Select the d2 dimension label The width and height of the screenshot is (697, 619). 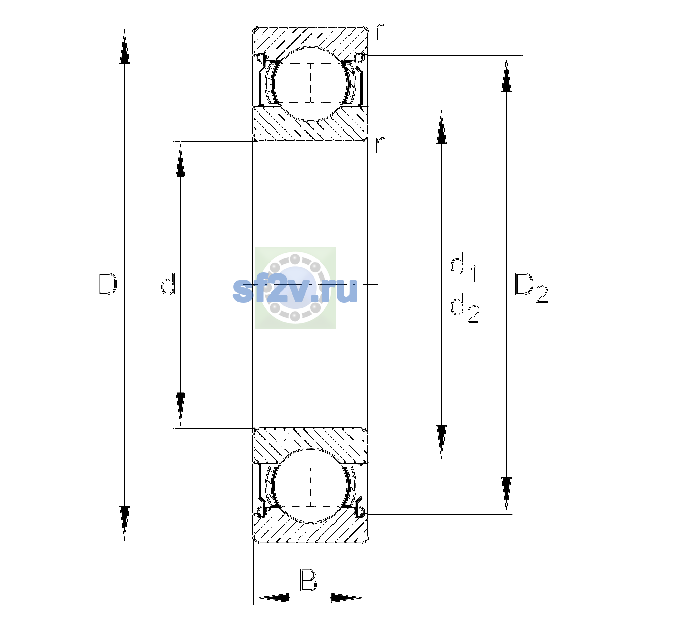tap(465, 308)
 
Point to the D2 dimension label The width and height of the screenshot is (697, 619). tap(531, 288)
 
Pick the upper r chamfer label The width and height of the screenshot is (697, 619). tap(379, 31)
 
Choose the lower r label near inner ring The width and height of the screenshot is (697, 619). tap(379, 144)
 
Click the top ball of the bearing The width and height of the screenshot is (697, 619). tap(311, 84)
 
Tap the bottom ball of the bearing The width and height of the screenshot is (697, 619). tap(311, 485)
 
